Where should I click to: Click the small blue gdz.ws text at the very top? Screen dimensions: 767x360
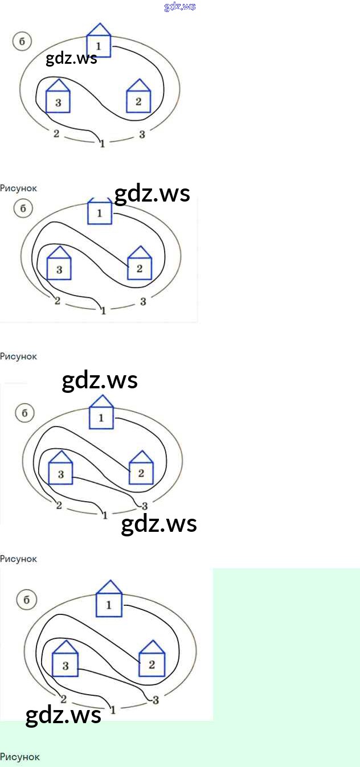[x=179, y=7]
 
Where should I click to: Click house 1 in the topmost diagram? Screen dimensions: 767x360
[x=99, y=42]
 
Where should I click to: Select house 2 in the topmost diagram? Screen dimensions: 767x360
[x=138, y=98]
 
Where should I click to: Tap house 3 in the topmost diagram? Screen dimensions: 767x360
[x=58, y=98]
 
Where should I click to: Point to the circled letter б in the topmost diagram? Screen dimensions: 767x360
[x=22, y=42]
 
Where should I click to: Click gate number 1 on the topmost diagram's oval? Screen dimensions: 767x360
[x=102, y=143]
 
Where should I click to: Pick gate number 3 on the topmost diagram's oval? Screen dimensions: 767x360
[x=142, y=134]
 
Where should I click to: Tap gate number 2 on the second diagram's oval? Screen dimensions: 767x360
[x=57, y=301]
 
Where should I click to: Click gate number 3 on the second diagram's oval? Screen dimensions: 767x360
[x=143, y=301]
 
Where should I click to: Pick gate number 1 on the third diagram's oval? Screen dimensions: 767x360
[x=105, y=515]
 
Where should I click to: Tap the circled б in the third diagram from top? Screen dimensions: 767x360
[x=24, y=413]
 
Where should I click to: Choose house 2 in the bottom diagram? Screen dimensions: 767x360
[x=152, y=660]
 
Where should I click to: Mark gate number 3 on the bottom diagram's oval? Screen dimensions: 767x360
[x=156, y=700]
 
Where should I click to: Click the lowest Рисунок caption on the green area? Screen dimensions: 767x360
[x=20, y=757]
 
